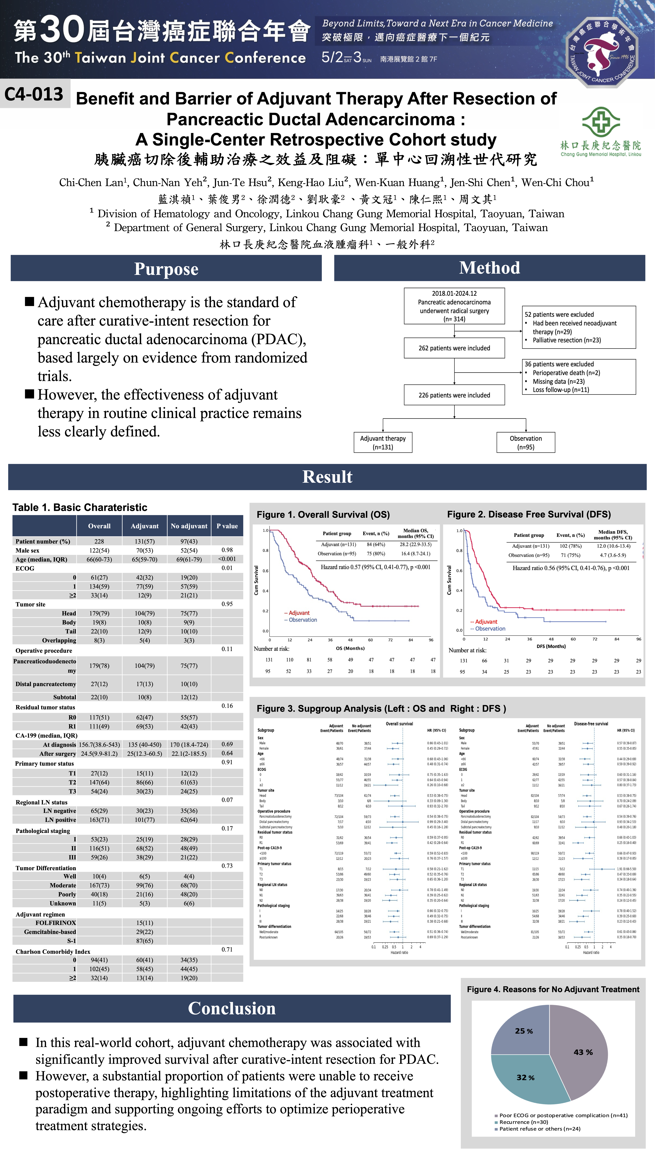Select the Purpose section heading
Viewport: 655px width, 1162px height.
tap(166, 269)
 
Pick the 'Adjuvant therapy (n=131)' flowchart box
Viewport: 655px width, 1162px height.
tap(383, 443)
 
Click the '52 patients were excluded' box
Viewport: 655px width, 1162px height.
tap(579, 327)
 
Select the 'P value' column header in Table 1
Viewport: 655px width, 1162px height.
tap(227, 526)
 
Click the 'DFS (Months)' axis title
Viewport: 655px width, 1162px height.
tap(551, 646)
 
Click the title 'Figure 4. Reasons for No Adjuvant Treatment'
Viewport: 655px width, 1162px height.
tap(553, 989)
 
